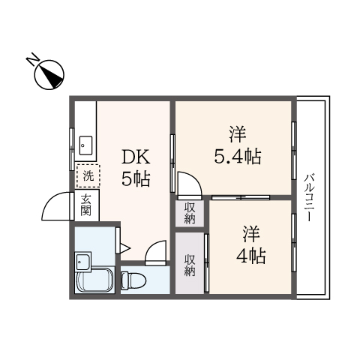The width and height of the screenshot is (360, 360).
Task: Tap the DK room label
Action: (136, 157)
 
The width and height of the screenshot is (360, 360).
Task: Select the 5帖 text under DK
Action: (136, 179)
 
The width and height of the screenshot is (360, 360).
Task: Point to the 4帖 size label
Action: (250, 255)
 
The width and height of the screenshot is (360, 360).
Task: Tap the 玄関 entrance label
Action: (87, 204)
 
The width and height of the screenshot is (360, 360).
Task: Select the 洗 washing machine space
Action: (88, 177)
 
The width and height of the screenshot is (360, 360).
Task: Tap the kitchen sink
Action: (85, 144)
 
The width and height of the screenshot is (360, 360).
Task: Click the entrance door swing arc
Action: (58, 205)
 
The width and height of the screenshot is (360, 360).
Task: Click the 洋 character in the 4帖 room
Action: (250, 232)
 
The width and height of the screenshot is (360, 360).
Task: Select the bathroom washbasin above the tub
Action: (82, 262)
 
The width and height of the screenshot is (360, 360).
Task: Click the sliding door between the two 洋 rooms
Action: (240, 197)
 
